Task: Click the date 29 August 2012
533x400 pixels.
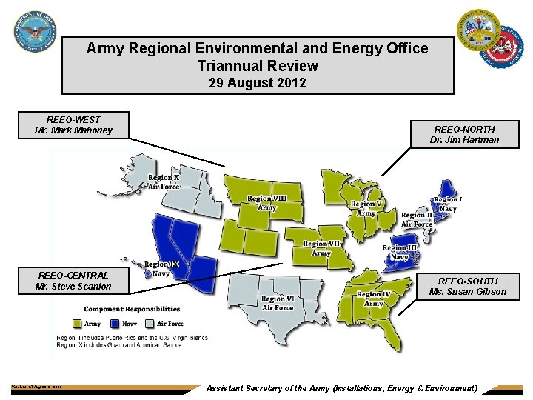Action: (x=257, y=83)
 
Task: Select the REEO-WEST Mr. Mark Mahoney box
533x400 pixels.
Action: (x=74, y=124)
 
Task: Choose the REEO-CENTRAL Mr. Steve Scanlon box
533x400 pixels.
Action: (x=74, y=281)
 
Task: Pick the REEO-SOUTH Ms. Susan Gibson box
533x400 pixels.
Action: (x=468, y=286)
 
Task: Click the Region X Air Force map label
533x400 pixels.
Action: (x=164, y=182)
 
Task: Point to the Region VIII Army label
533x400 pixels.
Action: (x=267, y=203)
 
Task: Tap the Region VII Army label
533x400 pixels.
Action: (x=321, y=248)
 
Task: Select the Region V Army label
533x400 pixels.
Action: (x=366, y=208)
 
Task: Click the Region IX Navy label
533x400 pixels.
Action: (x=161, y=269)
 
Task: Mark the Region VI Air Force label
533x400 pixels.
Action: (x=278, y=304)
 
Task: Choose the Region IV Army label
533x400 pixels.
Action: (x=374, y=299)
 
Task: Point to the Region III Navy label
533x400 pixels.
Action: (x=400, y=252)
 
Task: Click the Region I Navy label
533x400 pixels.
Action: (x=448, y=204)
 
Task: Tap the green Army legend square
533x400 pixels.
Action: (x=77, y=323)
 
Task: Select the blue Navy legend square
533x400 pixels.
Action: (x=115, y=323)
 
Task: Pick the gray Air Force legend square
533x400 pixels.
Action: (x=152, y=323)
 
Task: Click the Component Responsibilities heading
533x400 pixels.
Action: (x=132, y=309)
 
